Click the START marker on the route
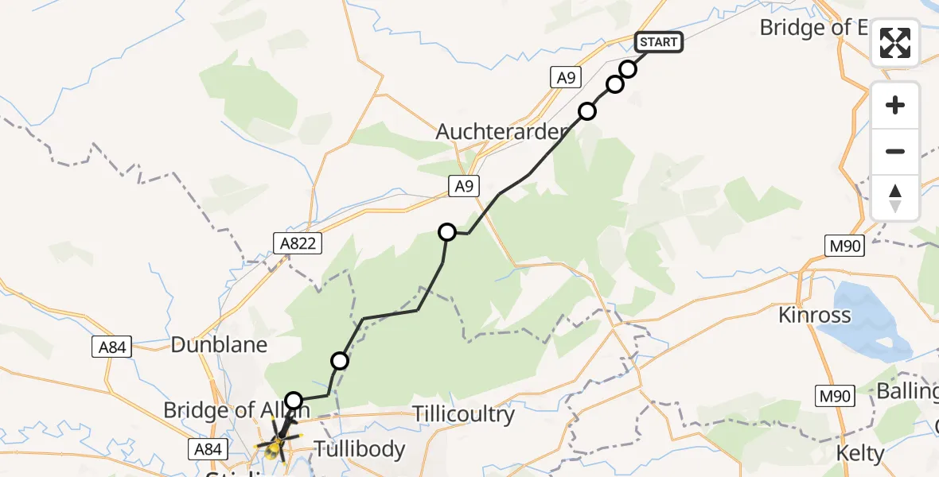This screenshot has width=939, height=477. [658, 42]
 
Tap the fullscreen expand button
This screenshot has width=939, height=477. [895, 43]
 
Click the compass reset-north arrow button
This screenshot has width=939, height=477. [895, 198]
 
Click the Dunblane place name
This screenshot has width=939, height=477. [220, 345]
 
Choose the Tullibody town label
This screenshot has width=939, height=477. [360, 449]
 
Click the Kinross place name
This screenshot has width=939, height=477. [814, 315]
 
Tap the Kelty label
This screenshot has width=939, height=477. [859, 454]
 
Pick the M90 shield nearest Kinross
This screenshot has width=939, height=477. [844, 246]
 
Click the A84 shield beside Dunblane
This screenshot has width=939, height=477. [112, 347]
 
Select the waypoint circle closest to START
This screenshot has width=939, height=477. [628, 69]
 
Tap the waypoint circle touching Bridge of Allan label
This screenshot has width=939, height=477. [294, 401]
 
